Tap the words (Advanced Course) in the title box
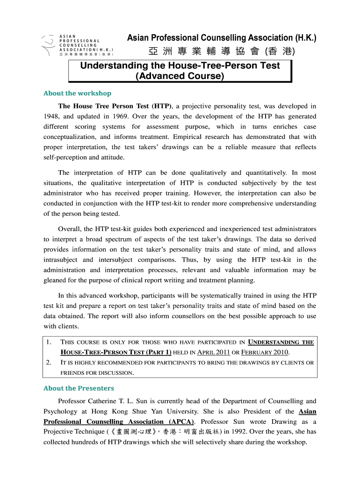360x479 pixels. click(x=180, y=76)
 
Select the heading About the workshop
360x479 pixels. click(x=77, y=93)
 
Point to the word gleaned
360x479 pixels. click(x=56, y=281)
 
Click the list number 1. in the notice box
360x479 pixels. click(x=49, y=342)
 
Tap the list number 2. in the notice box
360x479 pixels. click(x=49, y=363)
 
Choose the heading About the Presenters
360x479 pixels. click(x=79, y=388)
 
